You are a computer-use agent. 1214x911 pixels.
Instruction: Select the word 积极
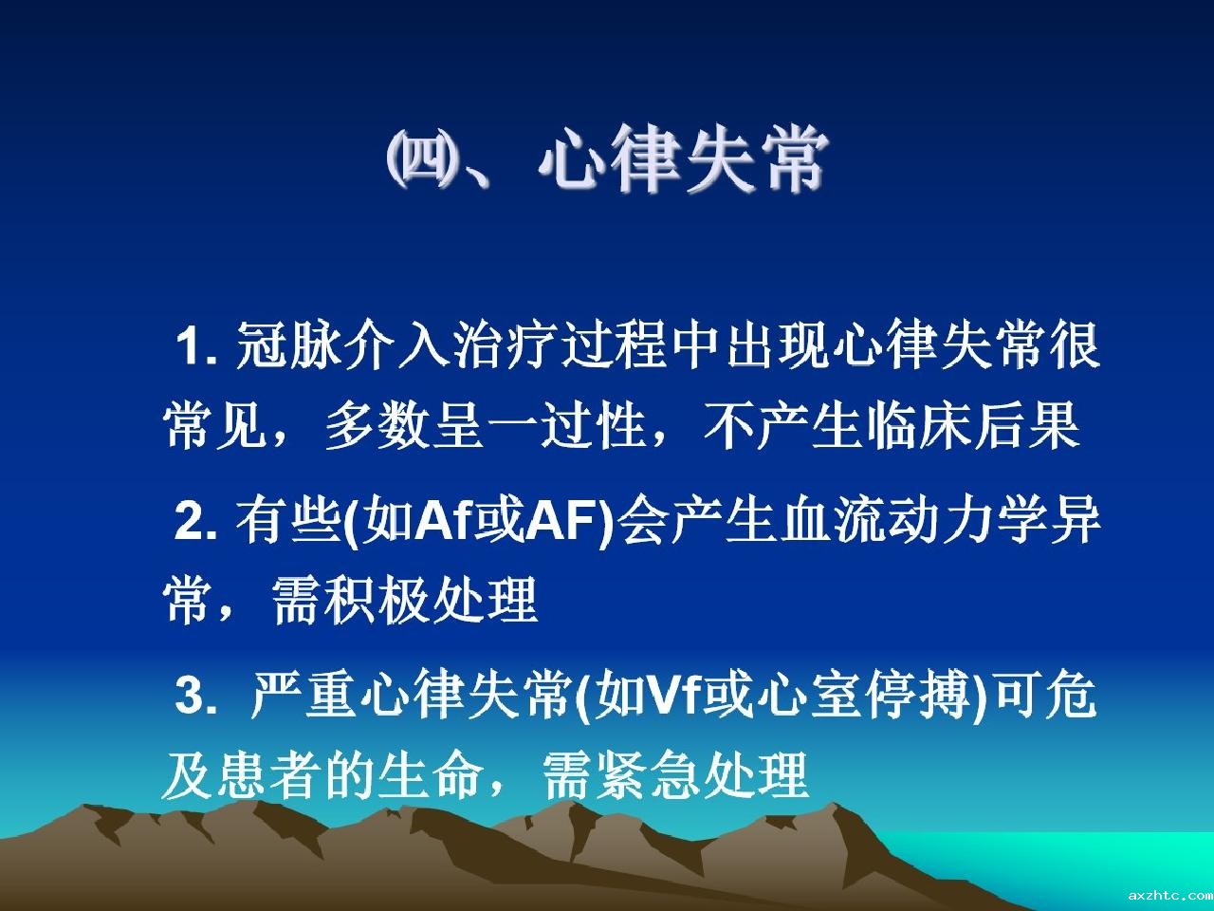pos(377,600)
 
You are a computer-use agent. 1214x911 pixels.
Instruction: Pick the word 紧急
pos(648,773)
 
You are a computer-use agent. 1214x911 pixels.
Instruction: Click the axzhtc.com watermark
pos(1170,895)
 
